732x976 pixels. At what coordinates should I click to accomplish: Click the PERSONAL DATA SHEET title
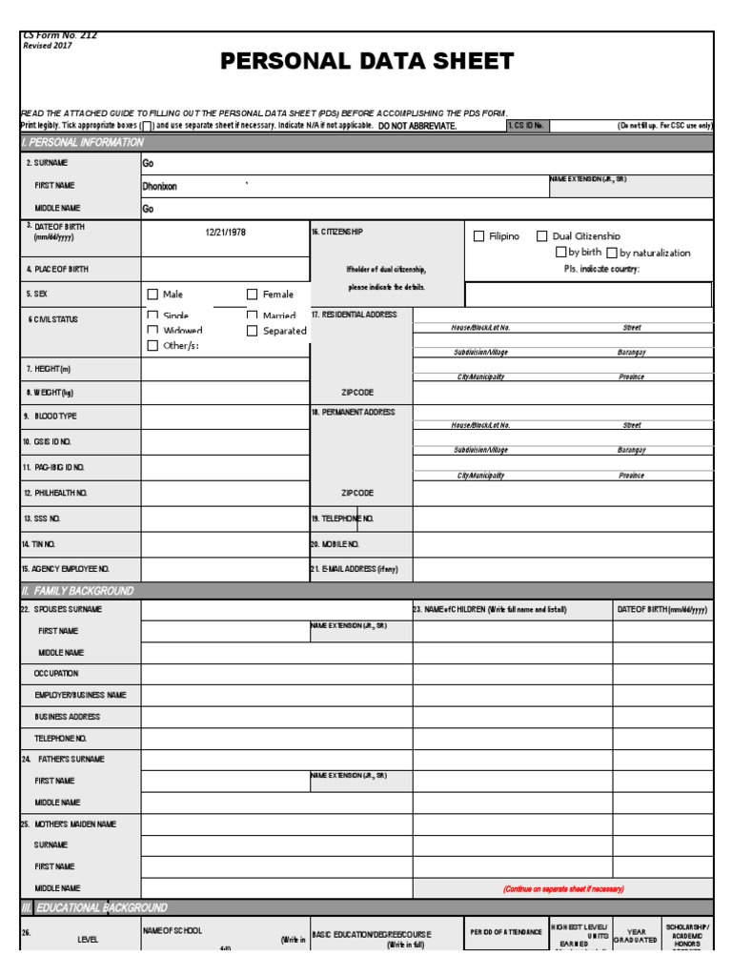pyautogui.click(x=367, y=63)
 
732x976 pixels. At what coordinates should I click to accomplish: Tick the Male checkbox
pyautogui.click(x=152, y=295)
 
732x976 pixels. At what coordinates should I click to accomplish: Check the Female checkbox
pyautogui.click(x=253, y=295)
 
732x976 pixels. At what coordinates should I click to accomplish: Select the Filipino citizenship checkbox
pyautogui.click(x=479, y=236)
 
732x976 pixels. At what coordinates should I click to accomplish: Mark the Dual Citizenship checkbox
pyautogui.click(x=542, y=236)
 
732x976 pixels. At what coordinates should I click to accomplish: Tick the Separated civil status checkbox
pyautogui.click(x=253, y=331)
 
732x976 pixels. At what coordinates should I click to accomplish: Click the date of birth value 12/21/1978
pyautogui.click(x=225, y=233)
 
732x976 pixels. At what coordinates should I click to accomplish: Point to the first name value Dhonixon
pyautogui.click(x=159, y=187)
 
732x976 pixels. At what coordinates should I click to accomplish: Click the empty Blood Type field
pyautogui.click(x=225, y=417)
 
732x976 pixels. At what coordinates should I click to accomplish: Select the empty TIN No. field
pyautogui.click(x=225, y=544)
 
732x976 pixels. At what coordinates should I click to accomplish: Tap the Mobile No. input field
pyautogui.click(x=562, y=544)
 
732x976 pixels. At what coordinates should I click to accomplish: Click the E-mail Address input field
pyautogui.click(x=562, y=569)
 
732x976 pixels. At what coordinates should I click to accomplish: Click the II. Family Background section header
pyautogui.click(x=78, y=591)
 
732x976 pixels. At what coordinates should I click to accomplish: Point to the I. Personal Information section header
pyautogui.click(x=83, y=143)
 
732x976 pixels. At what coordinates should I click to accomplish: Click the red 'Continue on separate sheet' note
pyautogui.click(x=562, y=888)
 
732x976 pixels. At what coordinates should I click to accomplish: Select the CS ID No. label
pyautogui.click(x=525, y=126)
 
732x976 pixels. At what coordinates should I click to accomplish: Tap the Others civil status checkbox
pyautogui.click(x=152, y=346)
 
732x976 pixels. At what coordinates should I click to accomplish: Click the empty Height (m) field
pyautogui.click(x=225, y=369)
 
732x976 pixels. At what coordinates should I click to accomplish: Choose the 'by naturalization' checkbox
pyautogui.click(x=612, y=253)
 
